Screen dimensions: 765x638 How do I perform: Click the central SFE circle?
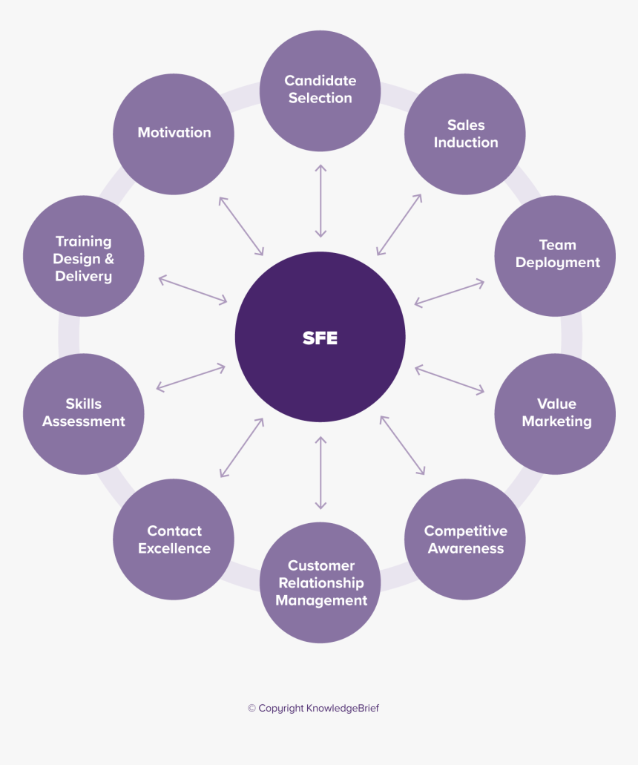[x=320, y=337]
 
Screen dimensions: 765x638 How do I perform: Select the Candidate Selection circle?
[x=320, y=89]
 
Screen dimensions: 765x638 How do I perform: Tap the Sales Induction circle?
[x=465, y=134]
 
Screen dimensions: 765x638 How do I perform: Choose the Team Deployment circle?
[x=555, y=255]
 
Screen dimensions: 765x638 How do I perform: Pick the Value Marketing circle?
[x=555, y=413]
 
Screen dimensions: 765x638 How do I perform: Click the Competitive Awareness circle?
[x=465, y=539]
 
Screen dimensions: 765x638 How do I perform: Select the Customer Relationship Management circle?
[x=320, y=582]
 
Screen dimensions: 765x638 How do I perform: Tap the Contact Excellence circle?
[x=174, y=539]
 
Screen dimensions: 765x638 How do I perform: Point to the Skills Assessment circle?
[x=84, y=413]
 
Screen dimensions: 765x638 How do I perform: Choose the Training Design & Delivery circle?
[x=84, y=257]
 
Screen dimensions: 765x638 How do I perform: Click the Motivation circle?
[x=174, y=134]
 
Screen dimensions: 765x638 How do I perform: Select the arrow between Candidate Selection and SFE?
[x=320, y=201]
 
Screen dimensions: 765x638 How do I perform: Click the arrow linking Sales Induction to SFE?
[x=399, y=225]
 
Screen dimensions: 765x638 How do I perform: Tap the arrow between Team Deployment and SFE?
[x=449, y=293]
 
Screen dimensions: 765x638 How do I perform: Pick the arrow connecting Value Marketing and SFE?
[x=449, y=379]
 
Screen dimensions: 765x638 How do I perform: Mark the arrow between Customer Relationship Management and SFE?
[x=320, y=473]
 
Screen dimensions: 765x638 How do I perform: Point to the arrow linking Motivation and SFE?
[x=241, y=226]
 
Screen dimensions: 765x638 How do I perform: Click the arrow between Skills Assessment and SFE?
[x=191, y=377]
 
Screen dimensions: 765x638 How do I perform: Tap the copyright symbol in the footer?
[x=251, y=709]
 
